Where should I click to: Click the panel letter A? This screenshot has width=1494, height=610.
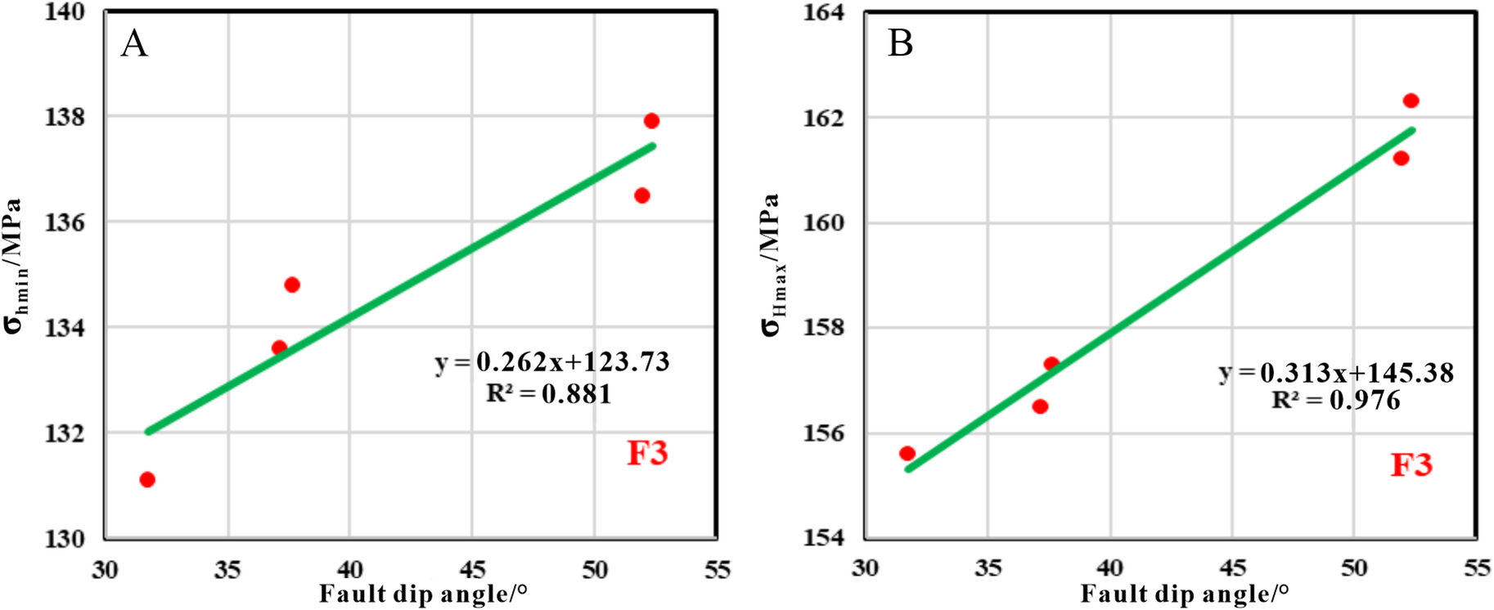pos(134,43)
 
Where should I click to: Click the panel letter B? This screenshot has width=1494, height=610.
pos(900,43)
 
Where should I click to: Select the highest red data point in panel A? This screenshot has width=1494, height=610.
pos(651,121)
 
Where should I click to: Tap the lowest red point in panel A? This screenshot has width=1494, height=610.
pos(147,479)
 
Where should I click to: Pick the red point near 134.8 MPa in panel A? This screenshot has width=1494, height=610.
pos(292,285)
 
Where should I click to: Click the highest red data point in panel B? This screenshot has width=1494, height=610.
pos(1411,101)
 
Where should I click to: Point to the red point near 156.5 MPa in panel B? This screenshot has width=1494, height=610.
pos(1040,406)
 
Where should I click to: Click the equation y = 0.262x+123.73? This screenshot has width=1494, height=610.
pos(552,361)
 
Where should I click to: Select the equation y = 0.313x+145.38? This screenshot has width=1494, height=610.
pos(1336,373)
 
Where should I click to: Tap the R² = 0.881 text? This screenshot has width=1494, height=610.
pos(548,394)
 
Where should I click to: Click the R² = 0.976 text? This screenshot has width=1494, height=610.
pos(1335,400)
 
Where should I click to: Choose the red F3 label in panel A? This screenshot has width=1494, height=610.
pos(647,453)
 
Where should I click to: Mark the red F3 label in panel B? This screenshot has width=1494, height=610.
pos(1411,464)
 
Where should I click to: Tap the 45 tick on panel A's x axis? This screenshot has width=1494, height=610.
pos(472,569)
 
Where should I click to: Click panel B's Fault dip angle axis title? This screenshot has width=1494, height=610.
pos(1184,594)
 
